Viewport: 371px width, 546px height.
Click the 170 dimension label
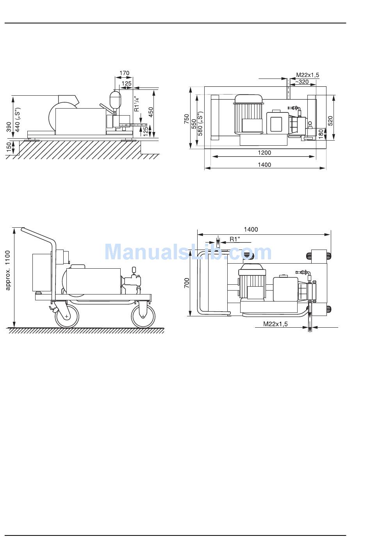(x=124, y=73)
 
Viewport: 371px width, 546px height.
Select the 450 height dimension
(x=151, y=112)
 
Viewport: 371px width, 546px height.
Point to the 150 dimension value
(x=8, y=147)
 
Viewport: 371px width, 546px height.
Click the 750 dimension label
(x=186, y=119)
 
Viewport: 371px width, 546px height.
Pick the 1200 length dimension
(x=264, y=153)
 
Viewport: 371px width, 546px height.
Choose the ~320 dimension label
(x=302, y=82)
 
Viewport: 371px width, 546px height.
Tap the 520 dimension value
(x=330, y=121)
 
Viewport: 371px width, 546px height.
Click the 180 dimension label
(x=321, y=134)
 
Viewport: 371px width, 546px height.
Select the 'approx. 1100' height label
(x=8, y=270)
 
